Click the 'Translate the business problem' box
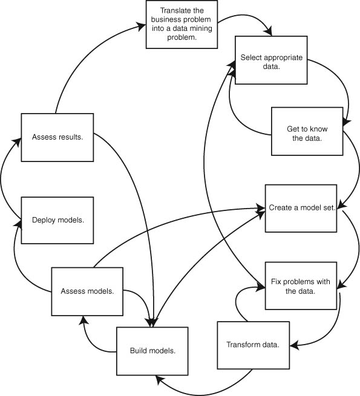pyautogui.click(x=182, y=25)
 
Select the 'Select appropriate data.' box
pyautogui.click(x=271, y=60)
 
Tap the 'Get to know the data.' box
pyautogui.click(x=307, y=131)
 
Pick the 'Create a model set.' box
pyautogui.click(x=301, y=209)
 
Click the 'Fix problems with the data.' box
pyautogui.click(x=301, y=285)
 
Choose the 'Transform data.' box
pyautogui.click(x=254, y=345)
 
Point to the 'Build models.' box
pyautogui.click(x=152, y=351)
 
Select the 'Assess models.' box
pyautogui.click(x=87, y=291)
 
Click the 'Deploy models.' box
pyautogui.click(x=57, y=221)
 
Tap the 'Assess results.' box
pyautogui.click(x=57, y=137)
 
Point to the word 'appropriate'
pyautogui.click(x=283, y=58)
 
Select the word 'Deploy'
pyautogui.click(x=44, y=220)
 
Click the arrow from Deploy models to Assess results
pyautogui.click(x=2, y=177)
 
